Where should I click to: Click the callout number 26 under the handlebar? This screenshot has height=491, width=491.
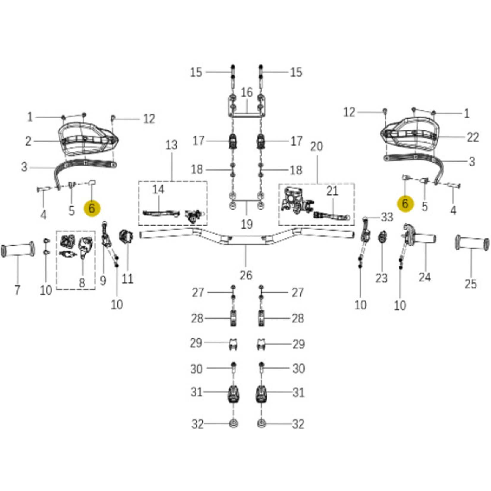pos(246,276)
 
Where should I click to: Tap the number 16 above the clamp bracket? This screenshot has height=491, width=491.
pos(247,92)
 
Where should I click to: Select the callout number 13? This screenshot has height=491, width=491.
pos(171,145)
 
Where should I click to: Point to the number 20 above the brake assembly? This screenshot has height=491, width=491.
pos(316,146)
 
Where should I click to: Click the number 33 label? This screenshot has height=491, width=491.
pos(387,217)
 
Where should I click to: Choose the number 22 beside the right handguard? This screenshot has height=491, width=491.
pos(473,137)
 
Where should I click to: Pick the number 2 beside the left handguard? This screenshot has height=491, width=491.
pos(28,141)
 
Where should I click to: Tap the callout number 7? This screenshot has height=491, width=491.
pos(17,290)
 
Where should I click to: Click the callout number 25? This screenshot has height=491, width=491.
pos(471,284)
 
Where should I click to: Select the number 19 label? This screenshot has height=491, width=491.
pos(246,224)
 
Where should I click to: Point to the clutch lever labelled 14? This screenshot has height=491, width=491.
pos(161,213)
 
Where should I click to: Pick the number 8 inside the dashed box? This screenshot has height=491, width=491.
pos(82,283)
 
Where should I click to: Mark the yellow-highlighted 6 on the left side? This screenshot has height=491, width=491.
pos(92,209)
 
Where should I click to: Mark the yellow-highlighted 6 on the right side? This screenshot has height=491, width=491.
pos(405,204)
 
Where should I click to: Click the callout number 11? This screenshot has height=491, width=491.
pos(128,279)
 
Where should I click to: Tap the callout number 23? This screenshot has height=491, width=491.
pos(381,278)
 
